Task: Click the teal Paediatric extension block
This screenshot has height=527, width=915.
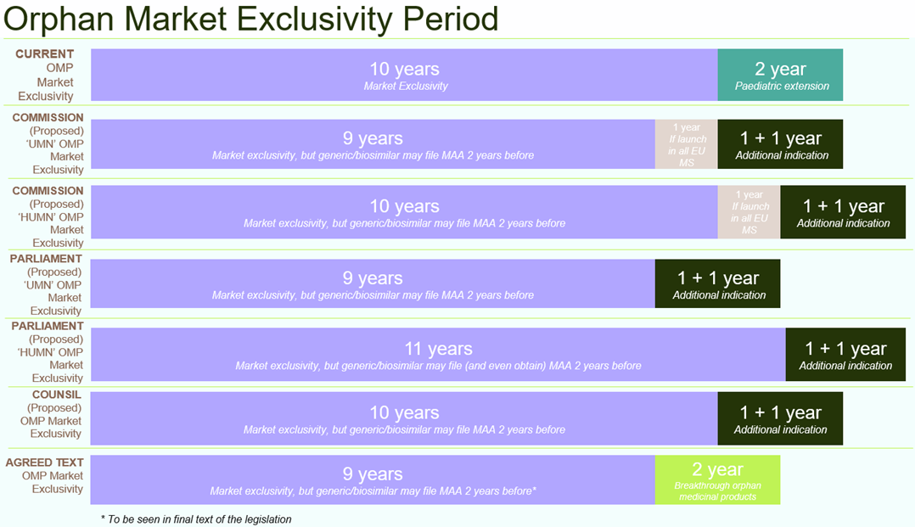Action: (x=780, y=75)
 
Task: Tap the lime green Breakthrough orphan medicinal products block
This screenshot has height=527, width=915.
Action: (x=718, y=479)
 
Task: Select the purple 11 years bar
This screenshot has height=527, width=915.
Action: (x=438, y=354)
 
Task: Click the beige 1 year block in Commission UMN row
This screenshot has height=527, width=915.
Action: (x=686, y=144)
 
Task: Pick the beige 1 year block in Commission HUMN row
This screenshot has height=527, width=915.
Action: (x=749, y=212)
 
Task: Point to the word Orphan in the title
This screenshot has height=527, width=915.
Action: (x=59, y=19)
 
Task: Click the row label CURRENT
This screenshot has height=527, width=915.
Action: (x=44, y=53)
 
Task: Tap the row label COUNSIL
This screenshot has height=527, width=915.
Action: (x=57, y=395)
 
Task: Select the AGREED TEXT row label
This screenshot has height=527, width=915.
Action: (x=44, y=463)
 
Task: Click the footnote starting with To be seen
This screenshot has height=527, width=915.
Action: (x=196, y=519)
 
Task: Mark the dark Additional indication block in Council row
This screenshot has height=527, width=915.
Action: (x=780, y=418)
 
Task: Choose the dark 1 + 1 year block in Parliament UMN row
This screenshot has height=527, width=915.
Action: (x=718, y=283)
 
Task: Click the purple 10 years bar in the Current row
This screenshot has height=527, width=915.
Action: (x=404, y=75)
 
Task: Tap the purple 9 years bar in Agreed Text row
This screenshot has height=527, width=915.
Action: (x=373, y=479)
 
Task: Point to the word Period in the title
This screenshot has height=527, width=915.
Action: (x=451, y=19)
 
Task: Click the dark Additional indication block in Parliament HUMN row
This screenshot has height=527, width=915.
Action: (x=845, y=354)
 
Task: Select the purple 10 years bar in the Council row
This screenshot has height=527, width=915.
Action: (x=404, y=418)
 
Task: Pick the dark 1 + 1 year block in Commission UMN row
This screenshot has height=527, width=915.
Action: (x=780, y=144)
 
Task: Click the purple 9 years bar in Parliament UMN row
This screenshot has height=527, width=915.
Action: (x=373, y=283)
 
